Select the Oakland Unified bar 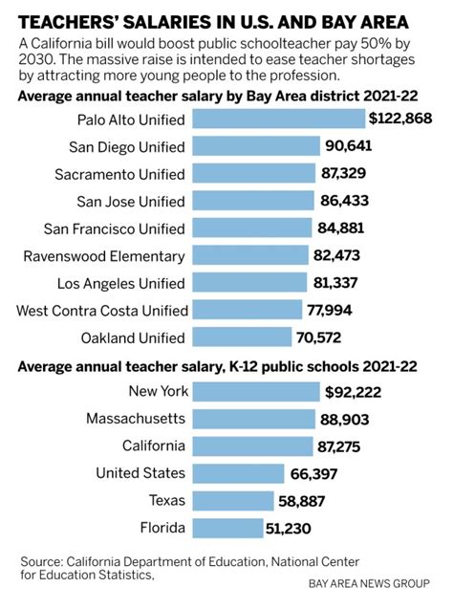pos(243,337)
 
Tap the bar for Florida pos(227,529)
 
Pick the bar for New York pos(256,391)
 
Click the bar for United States pos(239,473)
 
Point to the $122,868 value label pos(400,119)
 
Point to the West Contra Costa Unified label pos(101,311)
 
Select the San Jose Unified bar pos(253,201)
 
